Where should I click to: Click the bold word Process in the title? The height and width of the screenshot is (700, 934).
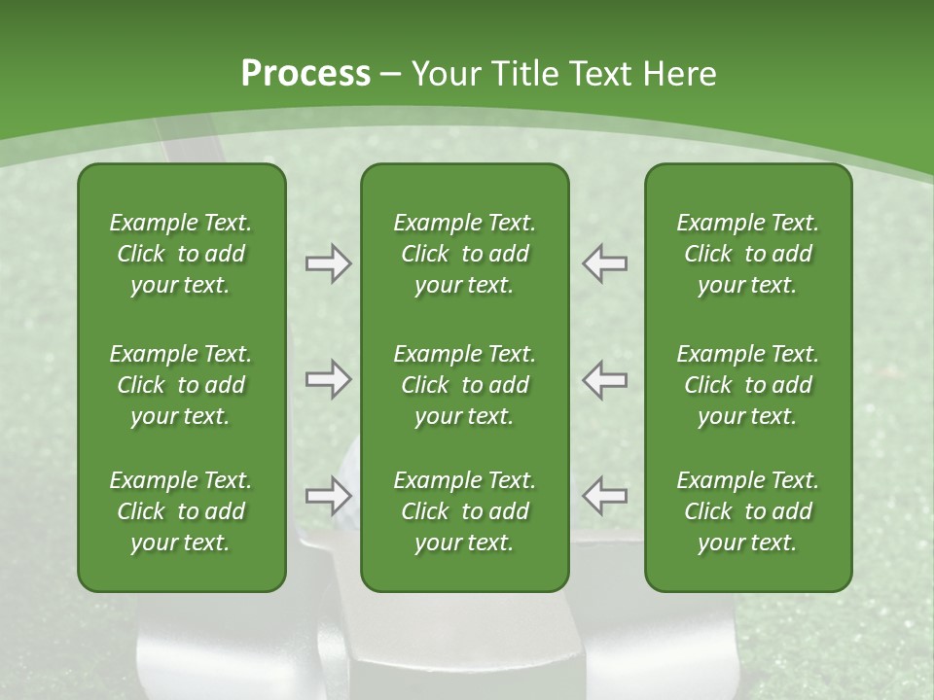[305, 74]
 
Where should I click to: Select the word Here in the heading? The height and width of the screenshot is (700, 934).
[680, 74]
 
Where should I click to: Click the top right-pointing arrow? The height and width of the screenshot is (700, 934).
[328, 263]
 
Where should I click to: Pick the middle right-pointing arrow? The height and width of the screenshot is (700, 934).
[328, 379]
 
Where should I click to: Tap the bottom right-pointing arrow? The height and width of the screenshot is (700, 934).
[328, 496]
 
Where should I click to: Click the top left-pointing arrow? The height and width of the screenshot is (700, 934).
[605, 263]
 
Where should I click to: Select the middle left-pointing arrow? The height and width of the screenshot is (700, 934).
[605, 379]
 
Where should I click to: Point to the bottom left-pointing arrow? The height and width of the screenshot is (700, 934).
[605, 496]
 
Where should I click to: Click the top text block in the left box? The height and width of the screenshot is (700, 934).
[181, 254]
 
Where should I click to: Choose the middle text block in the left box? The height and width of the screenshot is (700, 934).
[181, 385]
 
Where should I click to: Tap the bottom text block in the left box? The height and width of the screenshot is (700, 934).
[181, 511]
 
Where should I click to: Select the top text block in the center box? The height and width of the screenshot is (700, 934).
[464, 254]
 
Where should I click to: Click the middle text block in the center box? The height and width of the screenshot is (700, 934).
[464, 385]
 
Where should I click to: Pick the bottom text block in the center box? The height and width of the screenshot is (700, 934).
[464, 511]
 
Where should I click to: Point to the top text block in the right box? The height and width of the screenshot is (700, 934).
[747, 254]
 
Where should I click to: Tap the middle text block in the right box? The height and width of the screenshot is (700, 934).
[747, 385]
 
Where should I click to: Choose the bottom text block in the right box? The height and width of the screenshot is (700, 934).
[747, 511]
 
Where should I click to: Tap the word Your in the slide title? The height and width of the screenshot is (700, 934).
[445, 74]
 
